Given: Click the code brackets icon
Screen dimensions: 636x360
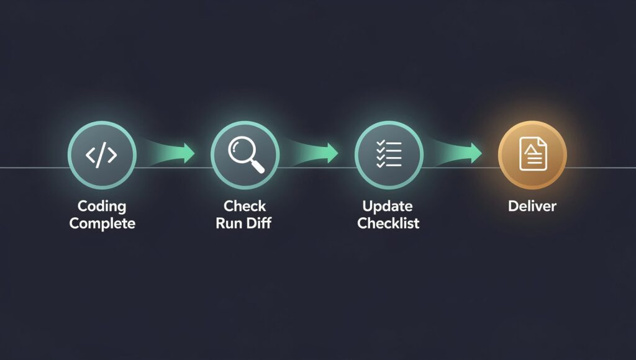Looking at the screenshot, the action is click(x=101, y=155).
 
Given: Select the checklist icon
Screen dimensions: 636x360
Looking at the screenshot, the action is click(x=389, y=154).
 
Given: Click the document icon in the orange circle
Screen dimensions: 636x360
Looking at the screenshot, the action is click(x=533, y=154).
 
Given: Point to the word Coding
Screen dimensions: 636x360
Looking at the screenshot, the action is click(x=102, y=206).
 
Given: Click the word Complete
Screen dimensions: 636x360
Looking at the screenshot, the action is click(x=102, y=223).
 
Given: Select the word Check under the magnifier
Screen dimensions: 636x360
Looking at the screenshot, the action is click(x=245, y=206).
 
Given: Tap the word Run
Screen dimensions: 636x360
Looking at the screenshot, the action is click(x=229, y=223).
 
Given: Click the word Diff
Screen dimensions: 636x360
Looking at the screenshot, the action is click(x=258, y=223).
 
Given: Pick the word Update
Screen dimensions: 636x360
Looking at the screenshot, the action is click(x=388, y=206).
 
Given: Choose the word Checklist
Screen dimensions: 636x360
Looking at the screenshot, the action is click(x=388, y=223).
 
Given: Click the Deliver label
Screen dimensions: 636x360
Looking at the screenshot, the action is click(x=532, y=206).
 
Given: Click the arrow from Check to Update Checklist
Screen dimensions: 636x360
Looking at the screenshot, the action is click(x=312, y=153).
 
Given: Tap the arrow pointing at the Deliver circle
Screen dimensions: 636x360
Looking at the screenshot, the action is click(x=456, y=153).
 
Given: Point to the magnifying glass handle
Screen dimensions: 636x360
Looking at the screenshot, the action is click(x=258, y=165).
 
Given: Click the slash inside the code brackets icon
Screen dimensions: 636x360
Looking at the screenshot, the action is click(x=101, y=155).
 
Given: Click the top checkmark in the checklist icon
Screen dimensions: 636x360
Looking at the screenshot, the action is click(x=381, y=143).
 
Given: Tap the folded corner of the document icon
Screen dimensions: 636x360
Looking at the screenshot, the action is click(x=542, y=142).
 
